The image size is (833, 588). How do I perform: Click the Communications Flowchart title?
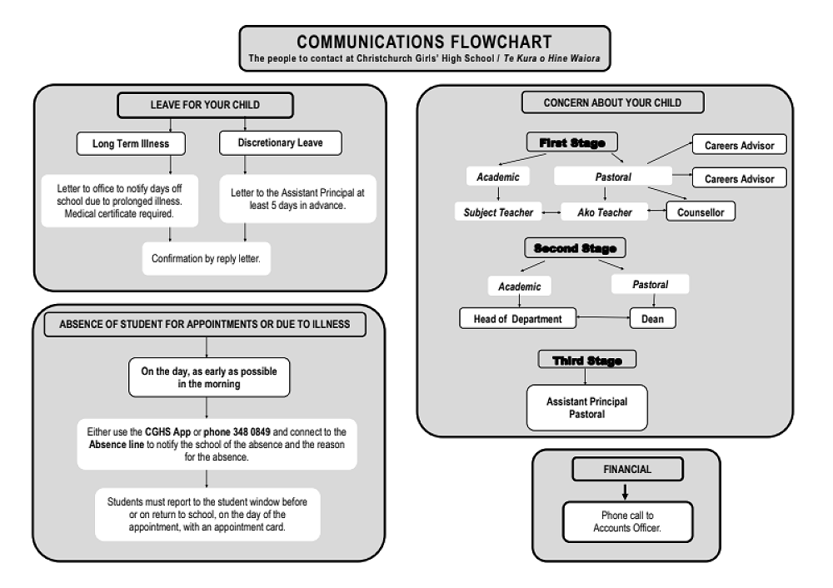click(424, 42)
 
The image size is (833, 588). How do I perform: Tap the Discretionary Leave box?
click(280, 143)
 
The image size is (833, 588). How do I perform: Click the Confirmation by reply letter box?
click(206, 259)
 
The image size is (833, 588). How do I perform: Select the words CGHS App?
click(169, 432)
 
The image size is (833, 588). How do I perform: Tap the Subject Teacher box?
click(498, 212)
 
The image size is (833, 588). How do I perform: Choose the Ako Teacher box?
click(605, 212)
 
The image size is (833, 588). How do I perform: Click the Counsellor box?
click(701, 212)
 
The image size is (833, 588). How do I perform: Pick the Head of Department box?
click(517, 318)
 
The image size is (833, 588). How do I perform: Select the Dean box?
click(653, 318)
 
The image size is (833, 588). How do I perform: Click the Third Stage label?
click(587, 360)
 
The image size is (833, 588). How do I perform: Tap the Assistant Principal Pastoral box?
click(587, 407)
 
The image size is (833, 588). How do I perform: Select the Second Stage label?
click(575, 248)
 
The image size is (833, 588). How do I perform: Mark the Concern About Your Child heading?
click(612, 102)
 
